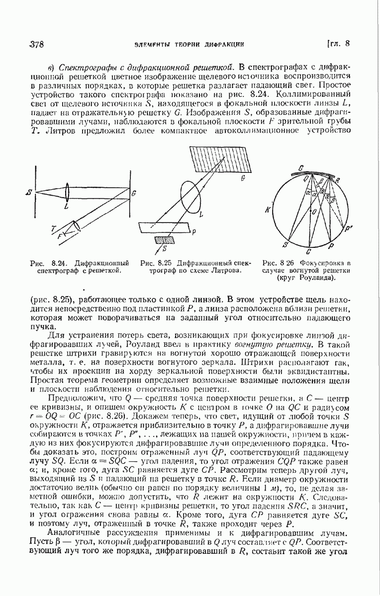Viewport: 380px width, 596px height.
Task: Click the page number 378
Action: click(37, 44)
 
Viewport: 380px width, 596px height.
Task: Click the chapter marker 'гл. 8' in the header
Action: click(339, 43)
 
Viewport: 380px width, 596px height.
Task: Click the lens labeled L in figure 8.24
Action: click(66, 191)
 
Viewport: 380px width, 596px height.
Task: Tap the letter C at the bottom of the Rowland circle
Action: click(309, 252)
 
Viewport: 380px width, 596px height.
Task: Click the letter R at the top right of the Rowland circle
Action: click(338, 180)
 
